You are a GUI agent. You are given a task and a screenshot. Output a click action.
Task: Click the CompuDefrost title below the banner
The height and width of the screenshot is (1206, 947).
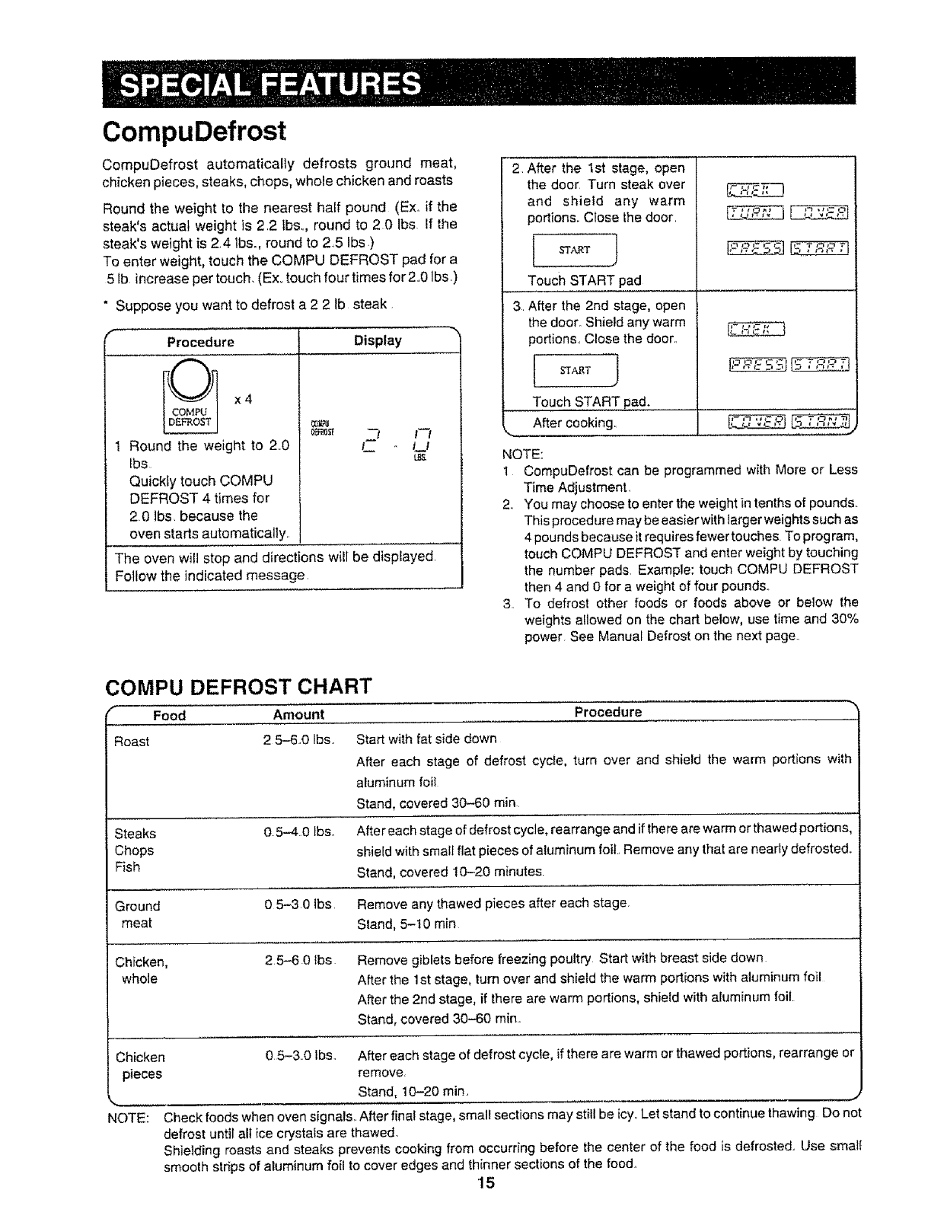click(194, 131)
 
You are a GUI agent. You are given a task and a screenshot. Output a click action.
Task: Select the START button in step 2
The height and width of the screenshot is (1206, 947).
click(575, 250)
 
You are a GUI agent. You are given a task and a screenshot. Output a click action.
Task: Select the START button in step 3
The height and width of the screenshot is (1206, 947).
click(575, 370)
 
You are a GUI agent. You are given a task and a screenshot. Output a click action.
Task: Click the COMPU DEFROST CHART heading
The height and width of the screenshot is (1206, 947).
click(238, 686)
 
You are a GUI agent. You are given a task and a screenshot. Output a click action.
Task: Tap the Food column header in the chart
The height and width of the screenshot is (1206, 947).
click(169, 715)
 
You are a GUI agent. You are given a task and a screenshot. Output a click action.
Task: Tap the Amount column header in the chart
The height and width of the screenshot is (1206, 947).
click(298, 714)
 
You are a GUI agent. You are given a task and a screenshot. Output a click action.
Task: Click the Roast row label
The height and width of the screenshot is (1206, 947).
click(132, 742)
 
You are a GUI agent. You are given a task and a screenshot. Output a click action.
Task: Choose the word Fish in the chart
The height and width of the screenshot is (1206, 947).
click(127, 867)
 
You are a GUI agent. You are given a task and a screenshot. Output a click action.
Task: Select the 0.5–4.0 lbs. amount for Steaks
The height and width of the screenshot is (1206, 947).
click(299, 832)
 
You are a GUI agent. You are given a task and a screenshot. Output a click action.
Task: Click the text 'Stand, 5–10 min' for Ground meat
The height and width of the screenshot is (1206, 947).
click(407, 924)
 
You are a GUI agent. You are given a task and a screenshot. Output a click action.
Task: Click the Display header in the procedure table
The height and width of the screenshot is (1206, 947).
click(378, 340)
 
